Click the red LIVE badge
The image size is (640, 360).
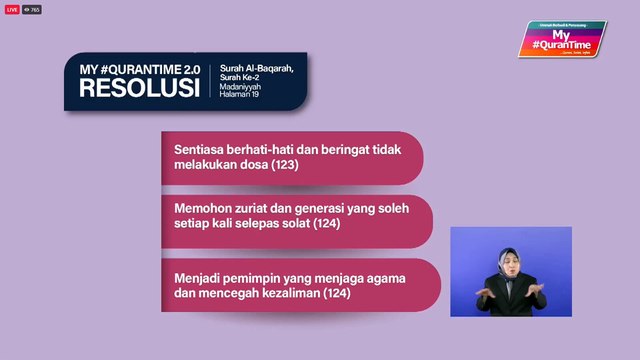[12, 9]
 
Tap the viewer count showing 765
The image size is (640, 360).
[33, 9]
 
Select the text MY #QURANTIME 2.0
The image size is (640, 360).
[140, 69]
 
